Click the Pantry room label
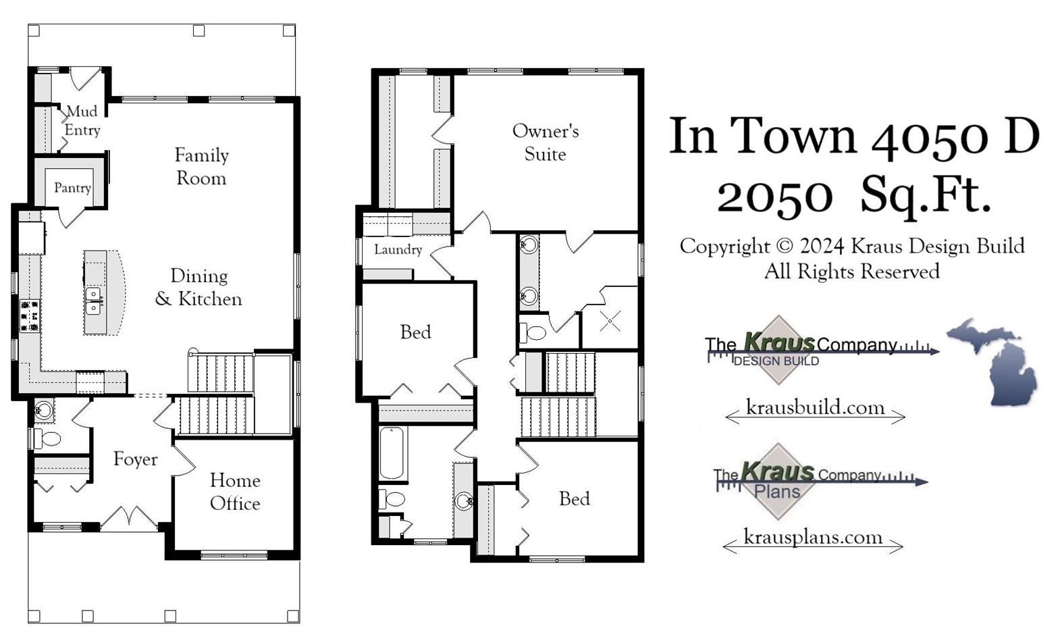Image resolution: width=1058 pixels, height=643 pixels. point(72,188)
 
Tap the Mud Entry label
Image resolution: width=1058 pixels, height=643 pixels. point(82,121)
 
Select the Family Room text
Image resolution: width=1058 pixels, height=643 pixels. point(201,167)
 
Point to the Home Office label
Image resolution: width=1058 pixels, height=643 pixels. point(235,492)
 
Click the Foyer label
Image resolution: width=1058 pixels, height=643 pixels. point(135,459)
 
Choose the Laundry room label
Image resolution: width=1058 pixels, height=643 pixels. point(398,250)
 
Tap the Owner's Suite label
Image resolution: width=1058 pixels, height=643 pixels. point(545,143)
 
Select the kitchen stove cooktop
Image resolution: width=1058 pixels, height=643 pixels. point(30,316)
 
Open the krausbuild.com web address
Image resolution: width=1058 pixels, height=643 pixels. point(815,408)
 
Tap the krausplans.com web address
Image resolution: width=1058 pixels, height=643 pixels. point(812,538)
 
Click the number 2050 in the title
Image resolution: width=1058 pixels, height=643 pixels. point(774,197)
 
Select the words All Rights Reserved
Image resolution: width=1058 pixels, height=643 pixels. point(851,272)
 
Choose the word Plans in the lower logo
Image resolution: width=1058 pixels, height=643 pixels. point(777,492)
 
